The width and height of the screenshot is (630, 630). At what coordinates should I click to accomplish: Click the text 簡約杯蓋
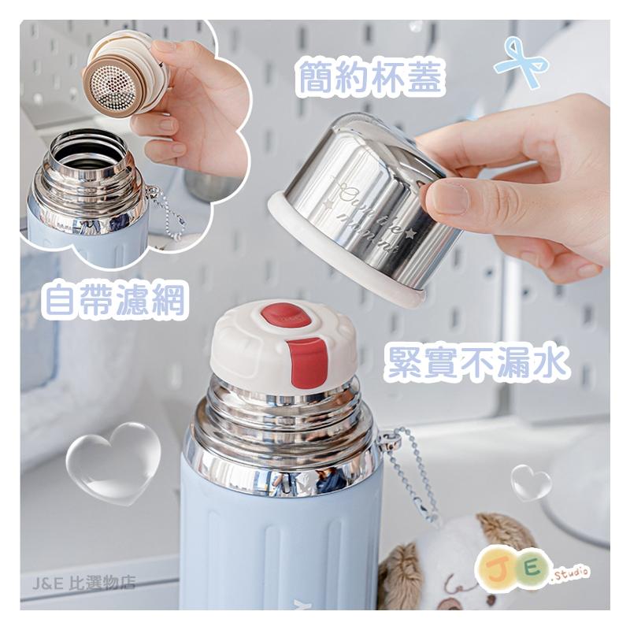coord(371,80)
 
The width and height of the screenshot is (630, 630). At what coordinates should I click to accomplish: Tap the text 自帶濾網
coord(116,300)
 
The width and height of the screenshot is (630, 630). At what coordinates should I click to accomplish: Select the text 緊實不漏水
coord(477,363)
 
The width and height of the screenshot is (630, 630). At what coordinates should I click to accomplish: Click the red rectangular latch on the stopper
coord(309,361)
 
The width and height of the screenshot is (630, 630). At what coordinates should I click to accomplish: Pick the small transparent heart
coord(530,482)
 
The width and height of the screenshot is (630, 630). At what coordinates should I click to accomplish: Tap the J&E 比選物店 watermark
coord(85,584)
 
